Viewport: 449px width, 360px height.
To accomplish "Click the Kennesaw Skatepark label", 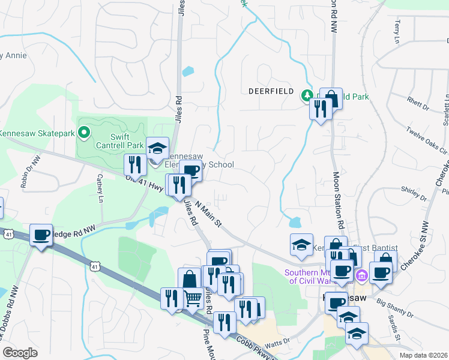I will pyautogui.click(x=37, y=133).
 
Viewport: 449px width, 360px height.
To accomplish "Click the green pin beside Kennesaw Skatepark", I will pyautogui.click(x=84, y=132).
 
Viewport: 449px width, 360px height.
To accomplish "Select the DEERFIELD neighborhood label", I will pyautogui.click(x=271, y=92).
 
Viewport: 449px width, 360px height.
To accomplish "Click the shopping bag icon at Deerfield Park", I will pyautogui.click(x=331, y=98).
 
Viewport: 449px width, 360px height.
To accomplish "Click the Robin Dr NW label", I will pyautogui.click(x=30, y=172).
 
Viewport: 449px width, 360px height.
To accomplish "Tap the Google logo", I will pyautogui.click(x=19, y=353).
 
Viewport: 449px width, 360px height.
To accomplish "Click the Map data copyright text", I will pyautogui.click(x=423, y=355).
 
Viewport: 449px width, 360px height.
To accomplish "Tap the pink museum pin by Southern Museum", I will pyautogui.click(x=361, y=276).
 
